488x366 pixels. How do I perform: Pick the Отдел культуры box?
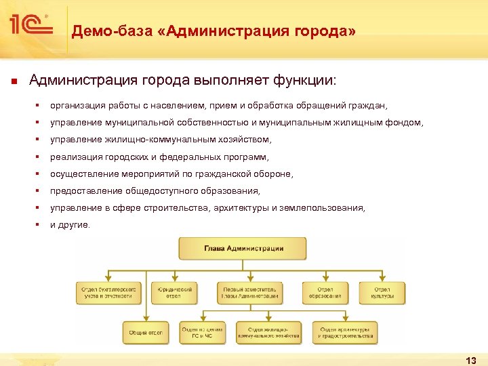pos(383,293)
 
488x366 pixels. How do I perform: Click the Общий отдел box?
pos(146,333)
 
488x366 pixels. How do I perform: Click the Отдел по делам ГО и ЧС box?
pos(202,333)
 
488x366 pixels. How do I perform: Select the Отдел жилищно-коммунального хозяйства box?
pos(268,333)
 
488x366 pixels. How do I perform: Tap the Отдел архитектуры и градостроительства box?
pos(345,333)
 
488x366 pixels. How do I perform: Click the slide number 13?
pos(472,359)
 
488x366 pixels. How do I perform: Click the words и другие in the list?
pos(70,225)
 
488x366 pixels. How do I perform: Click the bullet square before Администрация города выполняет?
pos(14,82)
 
